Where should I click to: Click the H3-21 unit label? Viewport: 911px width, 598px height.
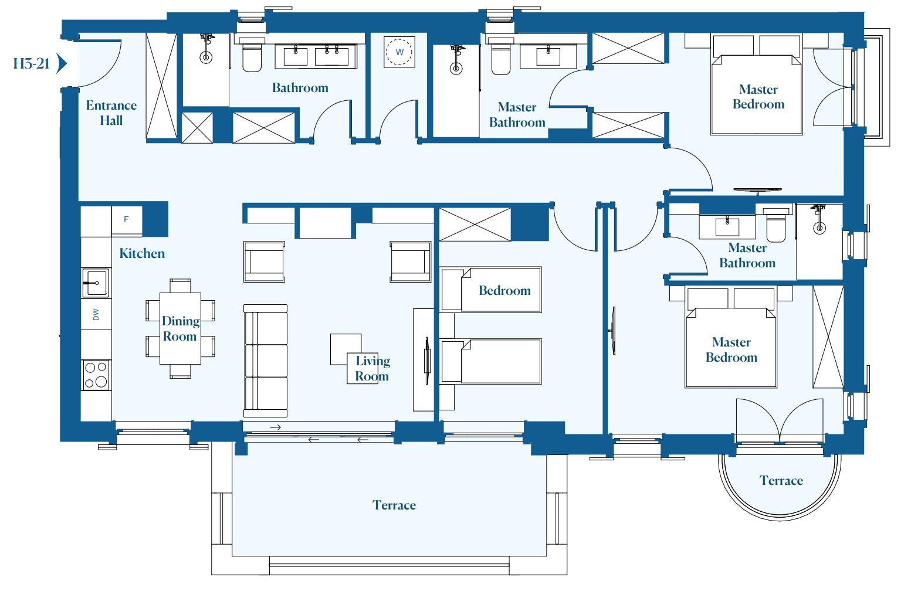coord(31,63)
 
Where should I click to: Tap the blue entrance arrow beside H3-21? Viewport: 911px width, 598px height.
coord(62,63)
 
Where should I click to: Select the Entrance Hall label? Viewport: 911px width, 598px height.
coord(111,113)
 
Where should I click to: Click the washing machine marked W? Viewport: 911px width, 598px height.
coord(399,52)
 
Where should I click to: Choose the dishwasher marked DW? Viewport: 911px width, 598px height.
coord(96,314)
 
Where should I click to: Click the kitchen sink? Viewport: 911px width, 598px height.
coord(96,283)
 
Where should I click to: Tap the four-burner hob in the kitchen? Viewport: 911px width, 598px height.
coord(96,375)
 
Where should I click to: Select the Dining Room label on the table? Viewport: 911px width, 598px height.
coord(180,328)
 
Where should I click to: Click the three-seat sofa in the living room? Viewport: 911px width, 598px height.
coord(265,361)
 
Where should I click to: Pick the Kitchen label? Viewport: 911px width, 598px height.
coord(142,253)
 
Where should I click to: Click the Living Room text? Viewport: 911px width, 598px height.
coord(372,368)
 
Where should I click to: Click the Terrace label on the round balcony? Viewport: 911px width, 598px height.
coord(781,481)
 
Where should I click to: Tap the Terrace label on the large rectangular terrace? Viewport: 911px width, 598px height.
coord(394,505)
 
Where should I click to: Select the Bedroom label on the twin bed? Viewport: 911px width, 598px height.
coord(504,290)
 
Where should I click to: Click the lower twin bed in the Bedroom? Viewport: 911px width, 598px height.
coord(490,361)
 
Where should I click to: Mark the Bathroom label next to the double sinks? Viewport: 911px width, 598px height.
coord(300,88)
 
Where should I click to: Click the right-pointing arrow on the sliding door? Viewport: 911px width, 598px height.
coord(275,427)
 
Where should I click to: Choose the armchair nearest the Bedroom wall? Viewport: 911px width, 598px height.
coord(410,262)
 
